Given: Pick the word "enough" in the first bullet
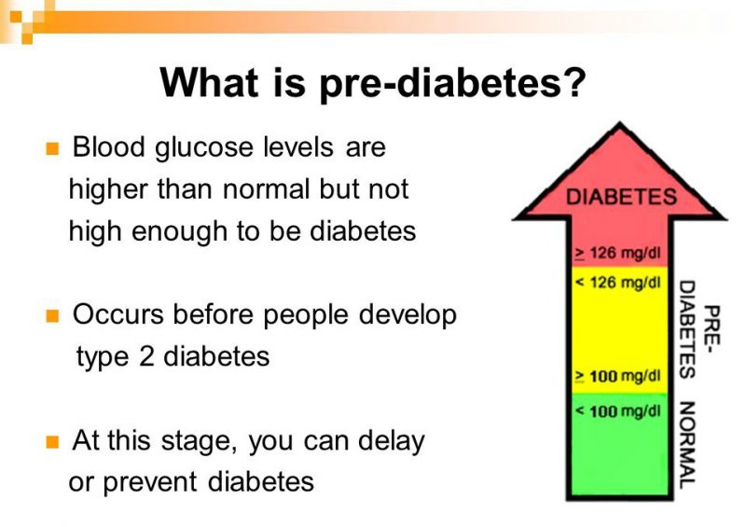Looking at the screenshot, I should [x=198, y=231].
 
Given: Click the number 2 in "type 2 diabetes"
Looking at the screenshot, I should [x=147, y=357].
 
